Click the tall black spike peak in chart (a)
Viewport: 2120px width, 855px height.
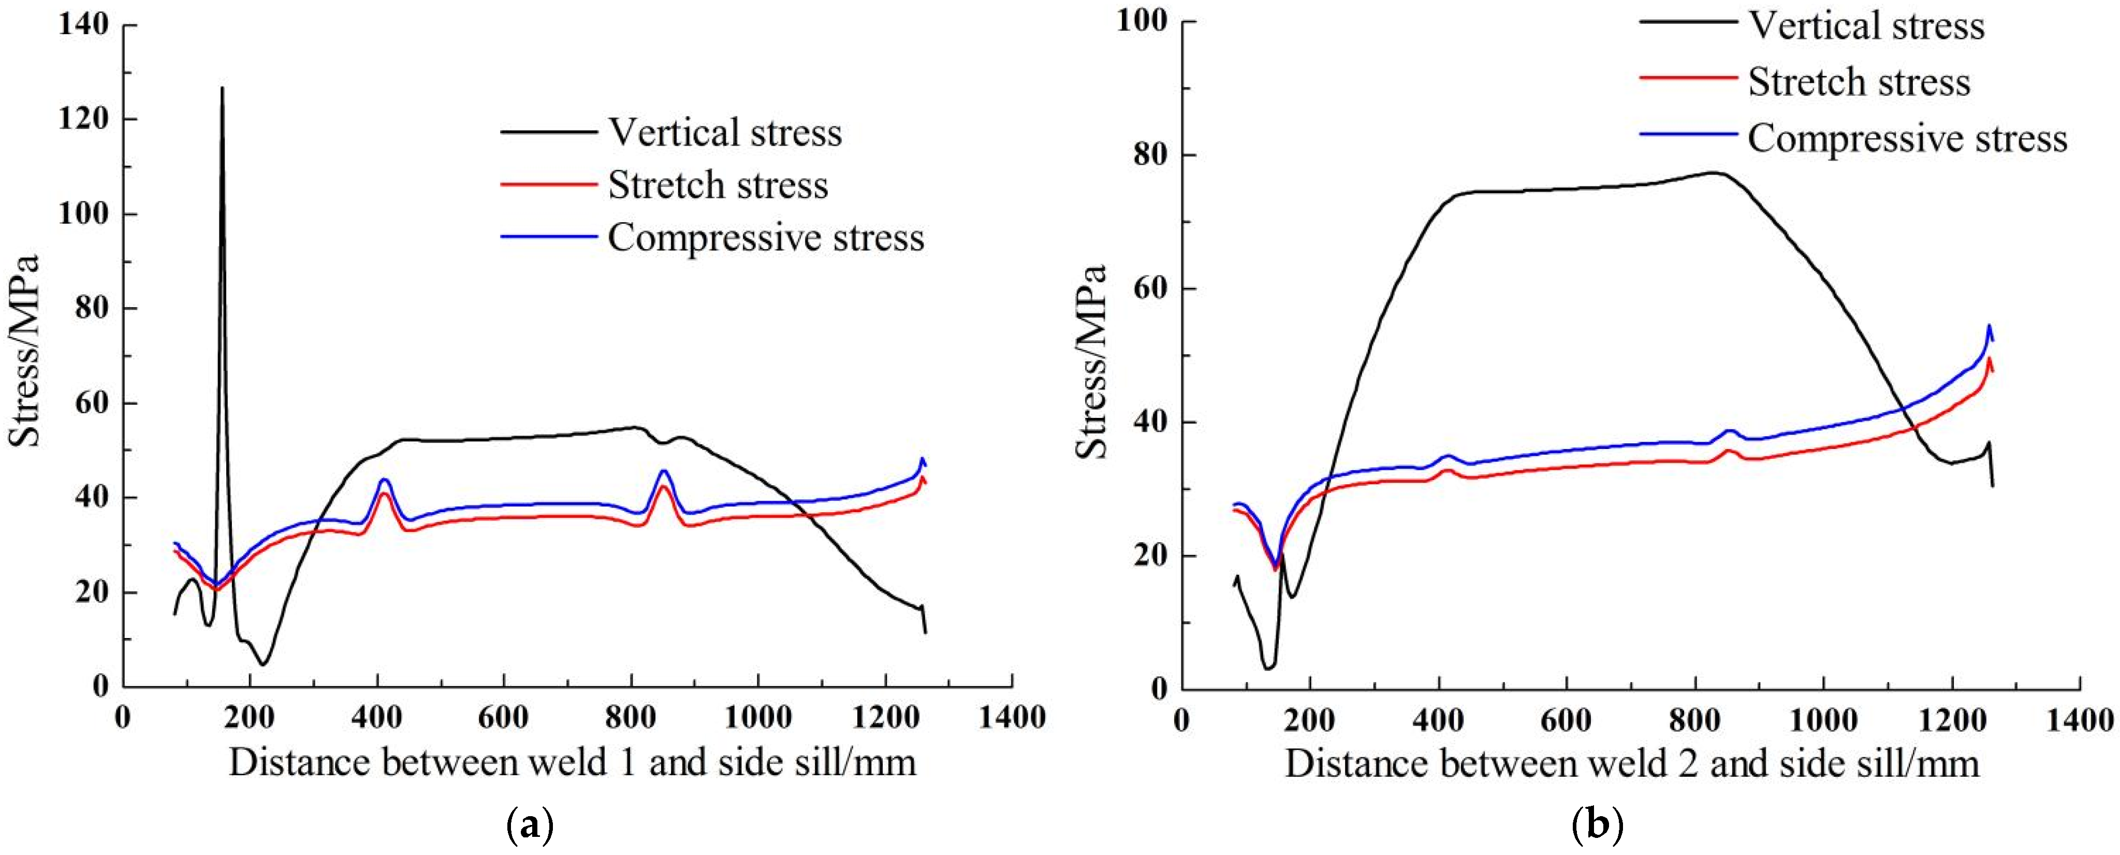pos(222,88)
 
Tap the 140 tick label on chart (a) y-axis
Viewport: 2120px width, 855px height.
pos(84,25)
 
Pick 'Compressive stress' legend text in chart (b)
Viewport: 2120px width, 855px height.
pos(1907,138)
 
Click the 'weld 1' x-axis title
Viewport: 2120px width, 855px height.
pos(572,762)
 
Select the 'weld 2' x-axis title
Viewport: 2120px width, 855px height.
pos(1632,764)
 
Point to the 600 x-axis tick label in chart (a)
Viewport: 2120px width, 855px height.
pos(503,717)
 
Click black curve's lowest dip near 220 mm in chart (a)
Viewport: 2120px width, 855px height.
pos(262,664)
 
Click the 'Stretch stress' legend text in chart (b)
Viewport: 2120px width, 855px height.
pos(1859,82)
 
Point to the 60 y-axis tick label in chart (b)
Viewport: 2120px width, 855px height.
pos(1150,289)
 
